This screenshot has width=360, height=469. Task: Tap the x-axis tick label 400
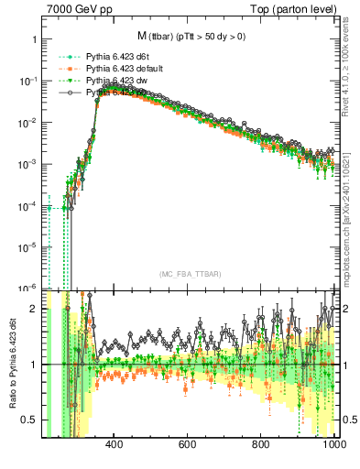[115, 445]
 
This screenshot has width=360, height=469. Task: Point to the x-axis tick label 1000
[332, 445]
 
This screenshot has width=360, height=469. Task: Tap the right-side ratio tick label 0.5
[348, 420]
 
